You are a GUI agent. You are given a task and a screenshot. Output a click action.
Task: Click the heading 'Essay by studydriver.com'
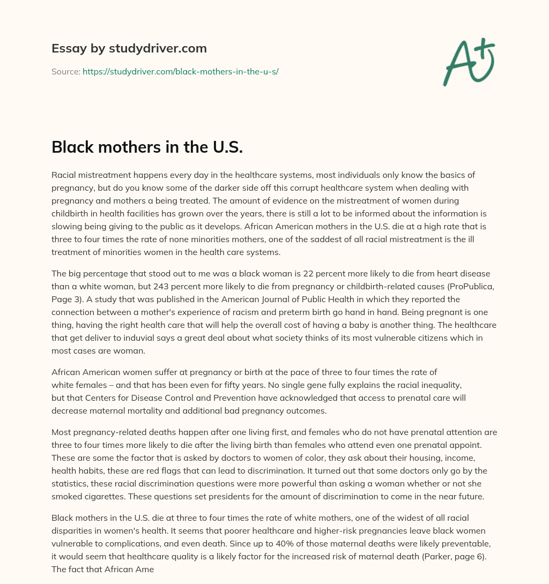pyautogui.click(x=129, y=48)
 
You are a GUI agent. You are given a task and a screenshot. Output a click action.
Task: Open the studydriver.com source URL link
pyautogui.click(x=180, y=71)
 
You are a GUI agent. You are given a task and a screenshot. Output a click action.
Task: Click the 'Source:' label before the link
pyautogui.click(x=65, y=71)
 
